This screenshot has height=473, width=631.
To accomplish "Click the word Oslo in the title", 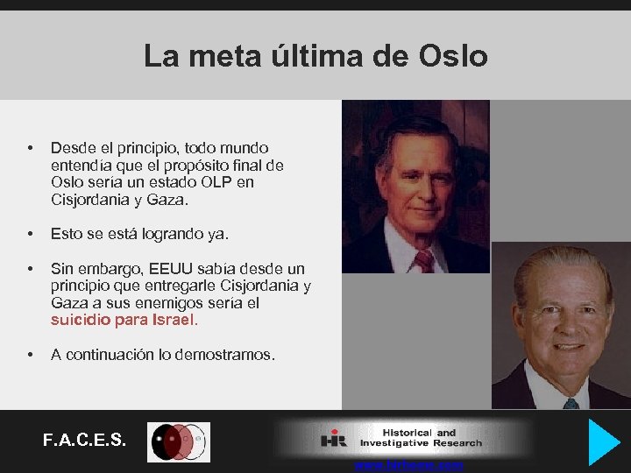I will coord(452,57).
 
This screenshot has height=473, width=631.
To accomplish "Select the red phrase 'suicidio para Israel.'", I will coord(124,320).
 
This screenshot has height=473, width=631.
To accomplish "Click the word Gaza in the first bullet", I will coord(168,200).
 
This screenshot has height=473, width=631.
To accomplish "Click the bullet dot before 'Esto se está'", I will coord(31,234).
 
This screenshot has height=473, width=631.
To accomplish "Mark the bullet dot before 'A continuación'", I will coord(31,355).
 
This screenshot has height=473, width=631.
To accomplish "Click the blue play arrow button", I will coord(603,441).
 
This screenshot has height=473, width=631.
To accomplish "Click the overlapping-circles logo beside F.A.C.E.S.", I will coord(178,441).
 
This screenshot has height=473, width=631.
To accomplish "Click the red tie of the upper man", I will coord(423,261).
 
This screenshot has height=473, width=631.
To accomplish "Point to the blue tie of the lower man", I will coord(571,404).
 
